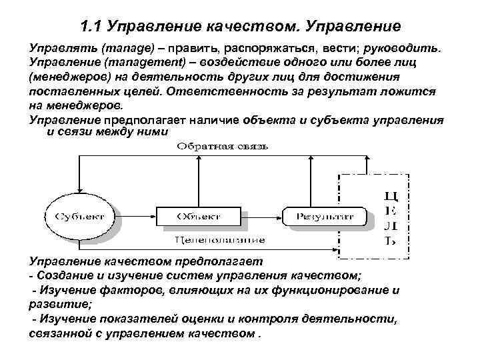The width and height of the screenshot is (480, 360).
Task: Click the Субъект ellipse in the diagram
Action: pos(75,215)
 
